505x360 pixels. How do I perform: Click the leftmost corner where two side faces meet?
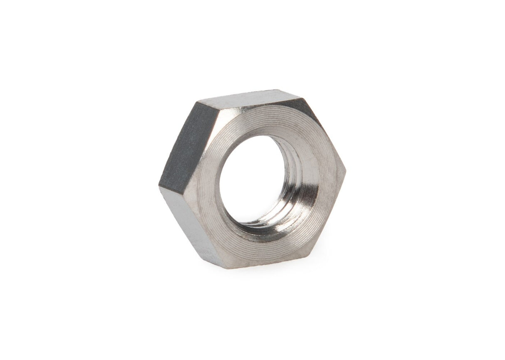point(159,187)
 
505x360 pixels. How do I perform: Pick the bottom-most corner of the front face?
point(227,268)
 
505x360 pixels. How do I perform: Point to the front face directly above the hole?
point(258,121)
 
